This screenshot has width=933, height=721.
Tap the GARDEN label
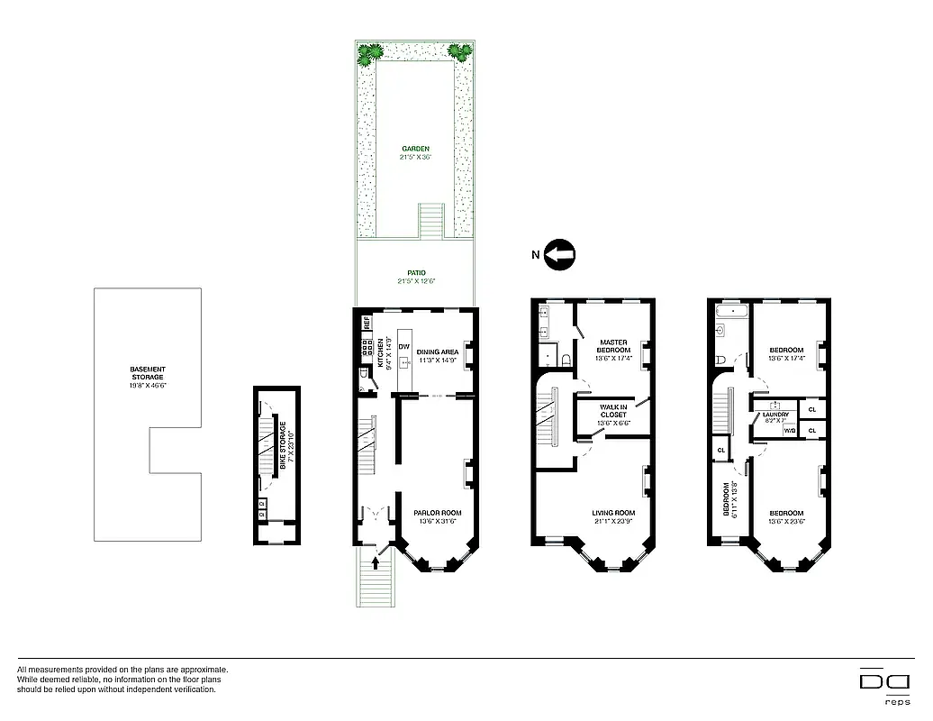pyautogui.click(x=415, y=149)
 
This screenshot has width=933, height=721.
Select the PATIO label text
pyautogui.click(x=415, y=273)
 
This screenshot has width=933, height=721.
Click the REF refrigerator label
pyautogui.click(x=367, y=321)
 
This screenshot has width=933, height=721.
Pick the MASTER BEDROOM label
pyautogui.click(x=614, y=346)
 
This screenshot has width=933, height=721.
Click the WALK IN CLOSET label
pyautogui.click(x=612, y=411)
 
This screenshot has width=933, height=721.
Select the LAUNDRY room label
pyautogui.click(x=775, y=415)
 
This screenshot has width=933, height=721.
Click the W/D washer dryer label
pyautogui.click(x=789, y=432)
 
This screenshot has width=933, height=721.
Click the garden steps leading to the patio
pyautogui.click(x=432, y=218)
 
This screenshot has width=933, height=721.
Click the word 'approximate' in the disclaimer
pyautogui.click(x=204, y=670)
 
